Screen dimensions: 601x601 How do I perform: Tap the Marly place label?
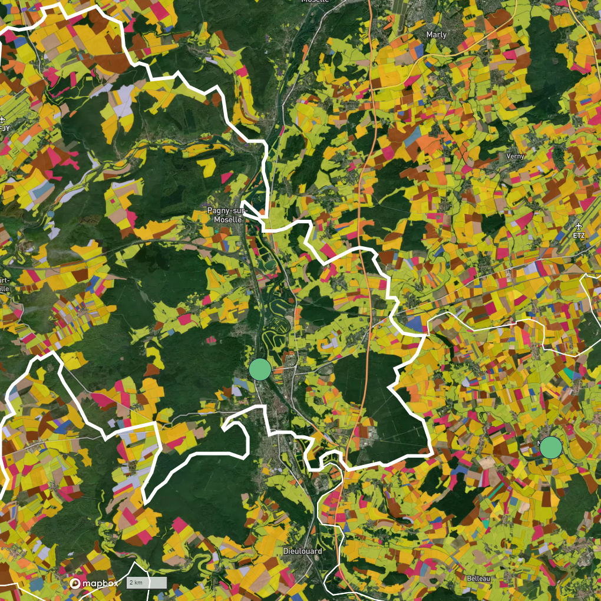point(436,35)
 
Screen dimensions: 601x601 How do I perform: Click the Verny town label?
point(515,156)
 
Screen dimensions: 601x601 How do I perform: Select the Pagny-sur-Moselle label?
point(224,214)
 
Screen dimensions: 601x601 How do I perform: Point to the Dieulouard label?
point(302,551)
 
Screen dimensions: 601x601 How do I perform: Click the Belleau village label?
point(478,579)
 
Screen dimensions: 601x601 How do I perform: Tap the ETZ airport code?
point(579,235)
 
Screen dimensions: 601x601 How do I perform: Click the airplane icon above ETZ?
point(579,226)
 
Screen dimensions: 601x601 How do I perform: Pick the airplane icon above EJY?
point(4,117)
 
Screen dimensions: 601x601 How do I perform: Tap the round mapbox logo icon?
point(75,583)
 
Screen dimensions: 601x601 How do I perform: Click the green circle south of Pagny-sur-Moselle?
point(260,369)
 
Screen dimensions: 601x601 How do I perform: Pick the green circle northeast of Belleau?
point(551,447)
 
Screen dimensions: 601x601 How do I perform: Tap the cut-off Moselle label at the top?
point(315,2)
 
